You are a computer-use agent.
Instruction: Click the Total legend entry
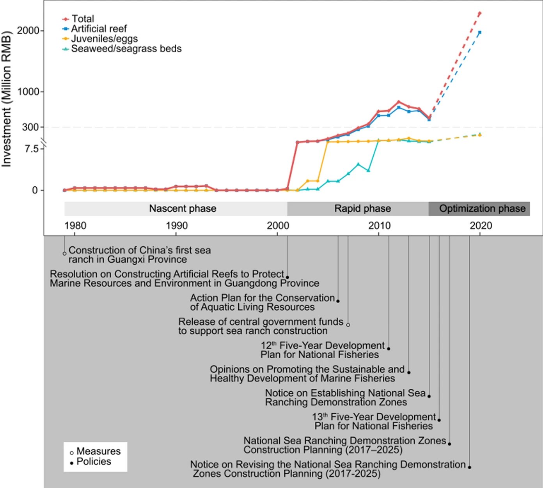[82, 19]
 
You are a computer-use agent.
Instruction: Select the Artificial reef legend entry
[99, 28]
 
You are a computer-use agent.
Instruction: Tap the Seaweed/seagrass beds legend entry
[126, 49]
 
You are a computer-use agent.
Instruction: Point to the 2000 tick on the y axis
[28, 30]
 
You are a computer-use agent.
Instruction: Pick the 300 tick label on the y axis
[30, 127]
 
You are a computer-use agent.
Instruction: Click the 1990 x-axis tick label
[176, 226]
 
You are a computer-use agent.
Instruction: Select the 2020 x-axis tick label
[481, 226]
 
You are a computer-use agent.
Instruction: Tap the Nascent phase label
[183, 209]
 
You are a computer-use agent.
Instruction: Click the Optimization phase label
[482, 209]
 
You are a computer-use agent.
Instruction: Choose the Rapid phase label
[362, 209]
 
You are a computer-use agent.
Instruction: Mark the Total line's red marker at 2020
[480, 14]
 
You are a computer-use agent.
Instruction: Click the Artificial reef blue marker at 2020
[480, 32]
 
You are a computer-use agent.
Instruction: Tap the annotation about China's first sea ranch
[139, 255]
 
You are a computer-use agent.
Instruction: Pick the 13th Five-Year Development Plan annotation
[373, 421]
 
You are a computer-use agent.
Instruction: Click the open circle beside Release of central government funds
[348, 325]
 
